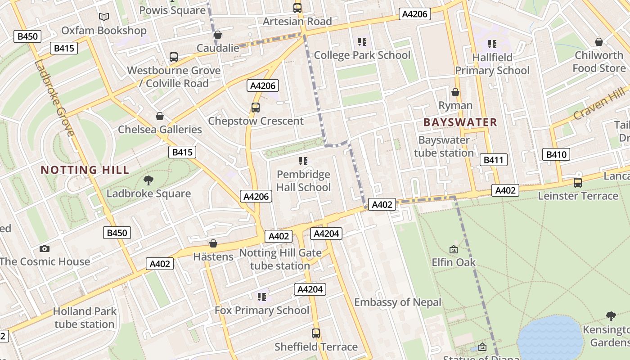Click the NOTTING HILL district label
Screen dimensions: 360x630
[85, 170]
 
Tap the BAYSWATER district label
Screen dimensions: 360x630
[460, 122]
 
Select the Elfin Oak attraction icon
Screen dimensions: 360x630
[454, 249]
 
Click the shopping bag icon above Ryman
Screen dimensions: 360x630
[455, 92]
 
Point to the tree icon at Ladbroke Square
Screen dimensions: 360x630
[148, 180]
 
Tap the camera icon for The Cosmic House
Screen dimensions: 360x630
[44, 248]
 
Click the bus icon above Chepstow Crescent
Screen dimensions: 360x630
[256, 108]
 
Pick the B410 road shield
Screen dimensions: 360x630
[556, 155]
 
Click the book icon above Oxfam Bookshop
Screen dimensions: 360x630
[104, 17]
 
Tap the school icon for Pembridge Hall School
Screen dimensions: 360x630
[303, 161]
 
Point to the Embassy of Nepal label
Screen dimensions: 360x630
[398, 302]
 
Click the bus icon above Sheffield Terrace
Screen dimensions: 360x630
[316, 333]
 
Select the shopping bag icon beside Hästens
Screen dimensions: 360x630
[213, 243]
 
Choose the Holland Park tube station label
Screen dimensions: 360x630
[85, 318]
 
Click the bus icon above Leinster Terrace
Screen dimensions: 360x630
[578, 183]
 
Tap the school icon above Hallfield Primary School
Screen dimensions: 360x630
[492, 44]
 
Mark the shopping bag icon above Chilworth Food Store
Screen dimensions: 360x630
[599, 42]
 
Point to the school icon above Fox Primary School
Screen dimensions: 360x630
[262, 297]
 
